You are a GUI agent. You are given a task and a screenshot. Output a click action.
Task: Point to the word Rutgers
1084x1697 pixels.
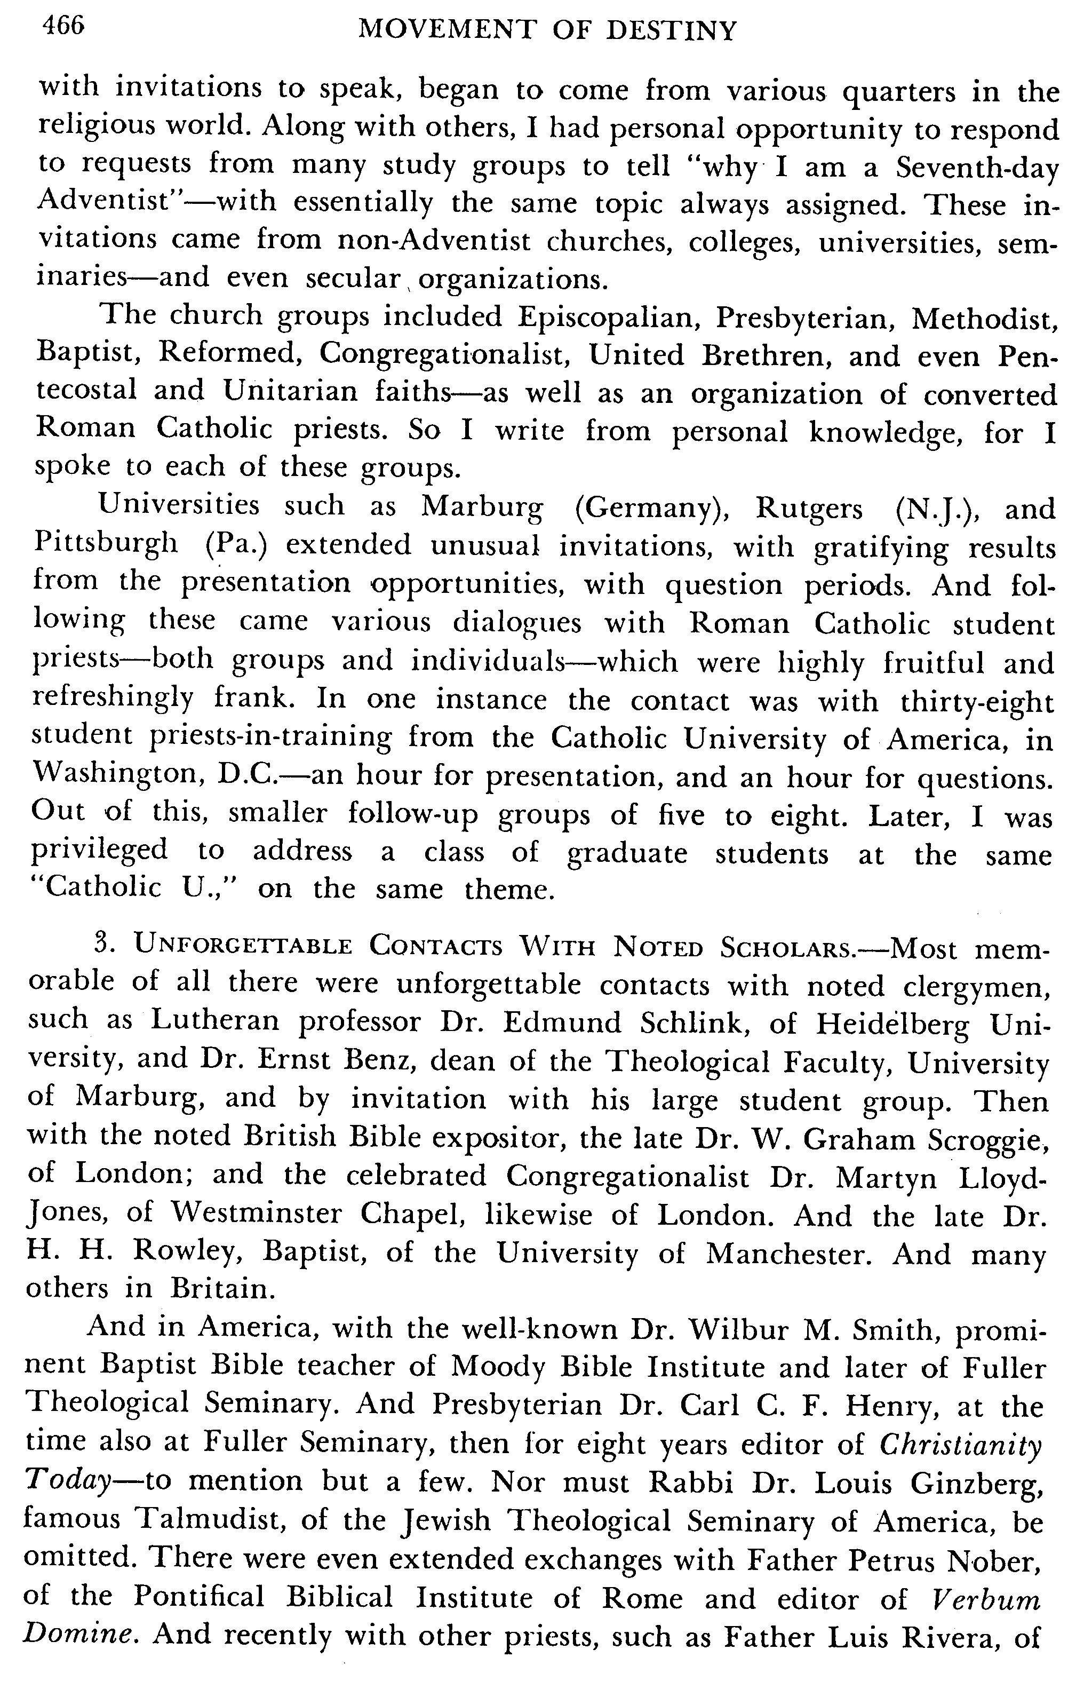pos(809,509)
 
